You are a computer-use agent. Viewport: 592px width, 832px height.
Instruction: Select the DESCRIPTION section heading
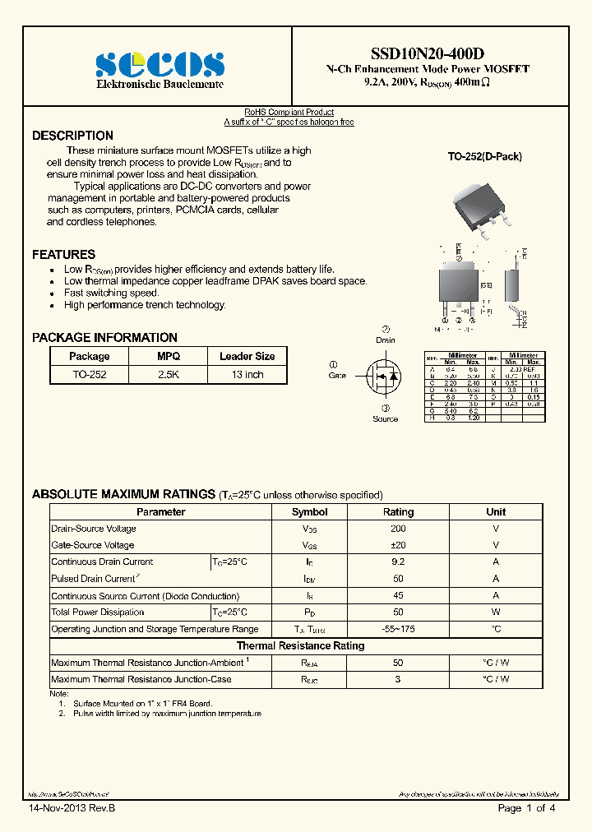pyautogui.click(x=72, y=136)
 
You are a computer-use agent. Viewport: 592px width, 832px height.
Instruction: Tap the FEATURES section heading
pyautogui.click(x=63, y=255)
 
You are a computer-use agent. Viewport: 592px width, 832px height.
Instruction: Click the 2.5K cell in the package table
pyautogui.click(x=169, y=374)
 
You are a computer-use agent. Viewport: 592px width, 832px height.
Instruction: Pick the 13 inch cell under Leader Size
pyautogui.click(x=247, y=374)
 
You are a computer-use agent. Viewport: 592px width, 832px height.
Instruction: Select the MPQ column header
pyautogui.click(x=169, y=356)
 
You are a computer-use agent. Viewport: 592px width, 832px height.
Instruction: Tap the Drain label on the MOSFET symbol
pyautogui.click(x=385, y=340)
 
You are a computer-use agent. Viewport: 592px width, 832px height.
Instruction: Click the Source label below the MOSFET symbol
pyautogui.click(x=385, y=418)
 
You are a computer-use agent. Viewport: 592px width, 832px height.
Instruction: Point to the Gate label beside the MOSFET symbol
pyautogui.click(x=337, y=375)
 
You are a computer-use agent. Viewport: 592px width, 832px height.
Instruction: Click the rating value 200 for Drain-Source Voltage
pyautogui.click(x=398, y=529)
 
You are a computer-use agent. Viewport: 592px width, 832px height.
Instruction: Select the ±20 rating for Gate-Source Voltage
pyautogui.click(x=398, y=545)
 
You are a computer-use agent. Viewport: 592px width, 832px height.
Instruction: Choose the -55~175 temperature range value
pyautogui.click(x=398, y=629)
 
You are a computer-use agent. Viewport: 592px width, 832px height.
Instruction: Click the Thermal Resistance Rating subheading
pyautogui.click(x=300, y=645)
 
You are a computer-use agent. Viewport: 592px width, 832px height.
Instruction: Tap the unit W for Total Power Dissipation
pyautogui.click(x=496, y=612)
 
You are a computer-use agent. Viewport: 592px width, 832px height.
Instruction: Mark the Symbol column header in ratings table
pyautogui.click(x=309, y=511)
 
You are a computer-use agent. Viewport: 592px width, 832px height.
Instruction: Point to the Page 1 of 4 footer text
pyautogui.click(x=526, y=809)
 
